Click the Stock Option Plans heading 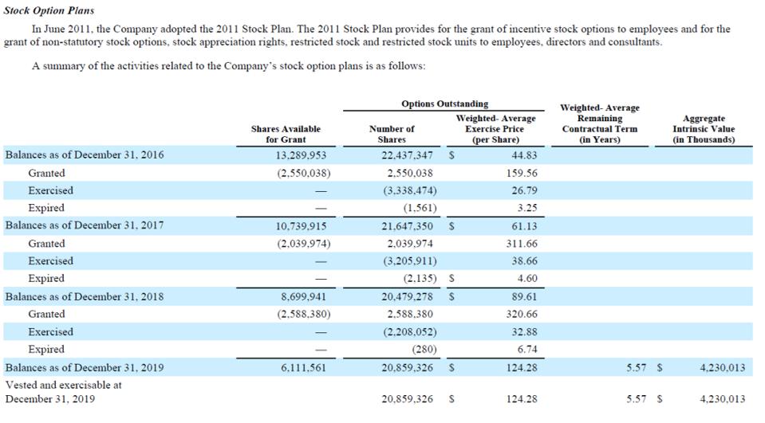[x=49, y=10]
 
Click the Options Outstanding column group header [x=445, y=104]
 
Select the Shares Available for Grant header [x=286, y=134]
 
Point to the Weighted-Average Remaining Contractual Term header [x=599, y=123]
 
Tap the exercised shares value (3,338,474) [x=409, y=190]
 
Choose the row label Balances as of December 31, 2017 [x=85, y=225]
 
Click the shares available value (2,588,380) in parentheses [x=304, y=314]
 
